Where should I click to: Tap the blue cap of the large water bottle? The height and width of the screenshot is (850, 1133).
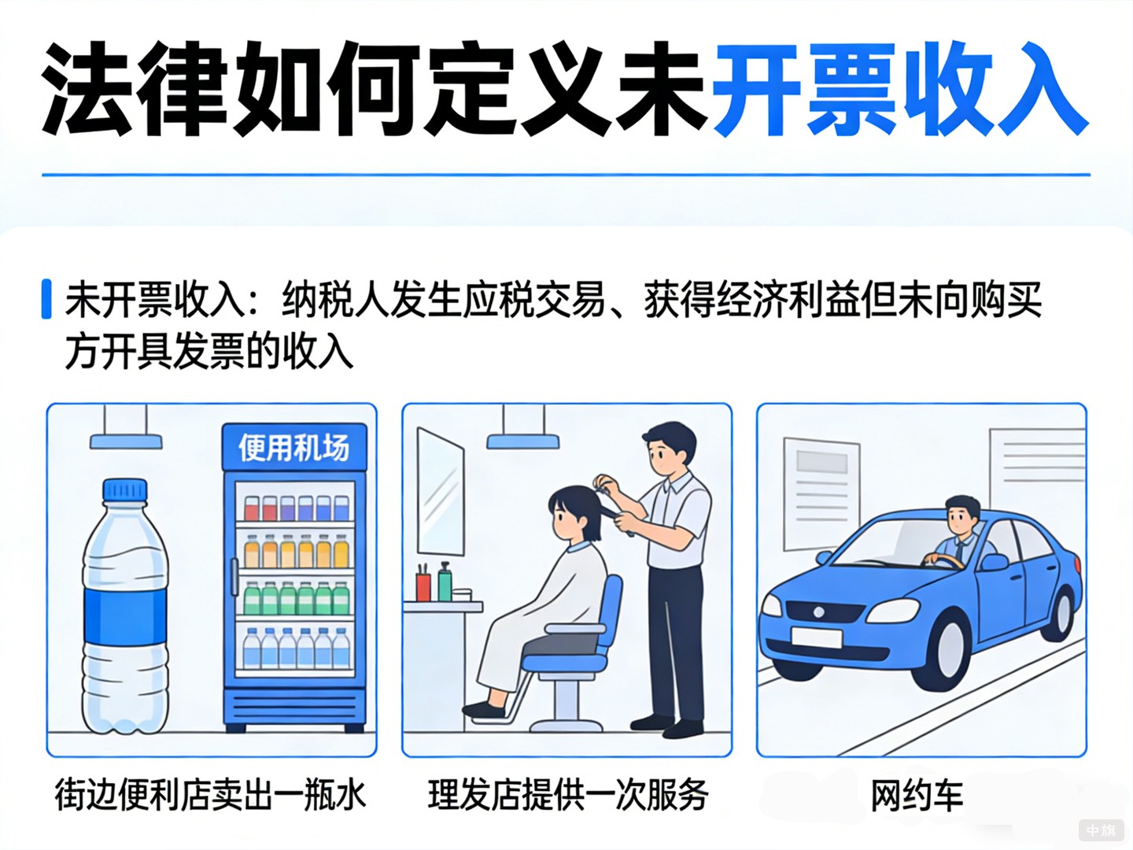click(125, 490)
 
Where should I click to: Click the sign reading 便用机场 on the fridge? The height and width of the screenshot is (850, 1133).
click(294, 448)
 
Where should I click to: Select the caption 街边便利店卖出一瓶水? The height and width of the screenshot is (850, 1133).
click(210, 795)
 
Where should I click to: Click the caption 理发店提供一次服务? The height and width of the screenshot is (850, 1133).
click(568, 795)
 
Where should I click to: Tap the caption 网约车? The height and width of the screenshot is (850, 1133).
click(917, 796)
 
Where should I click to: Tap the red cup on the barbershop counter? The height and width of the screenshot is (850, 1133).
click(423, 586)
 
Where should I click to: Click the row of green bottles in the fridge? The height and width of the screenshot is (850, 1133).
click(295, 600)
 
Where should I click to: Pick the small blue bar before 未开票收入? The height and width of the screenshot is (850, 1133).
click(46, 299)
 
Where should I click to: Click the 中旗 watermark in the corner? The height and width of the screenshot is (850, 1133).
click(1101, 830)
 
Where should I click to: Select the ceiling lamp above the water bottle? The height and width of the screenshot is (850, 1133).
click(126, 441)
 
